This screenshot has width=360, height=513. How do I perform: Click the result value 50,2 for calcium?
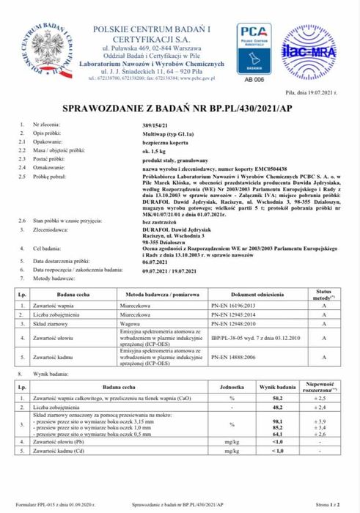pos(278,396)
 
